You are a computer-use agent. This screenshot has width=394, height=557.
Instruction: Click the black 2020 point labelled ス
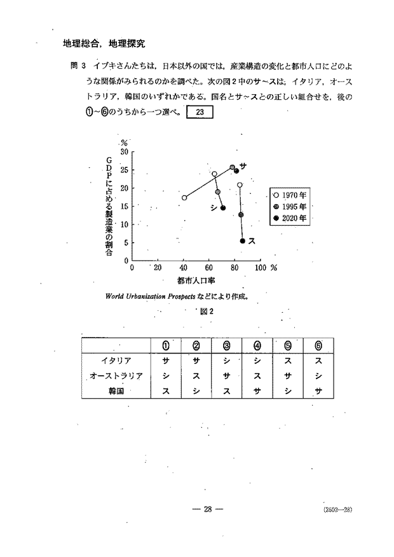click(243, 241)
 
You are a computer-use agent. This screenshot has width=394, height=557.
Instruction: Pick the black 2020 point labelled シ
click(223, 208)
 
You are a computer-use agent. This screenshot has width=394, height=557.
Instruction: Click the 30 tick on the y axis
click(125, 152)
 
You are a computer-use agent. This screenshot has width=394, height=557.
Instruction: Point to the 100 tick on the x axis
click(260, 268)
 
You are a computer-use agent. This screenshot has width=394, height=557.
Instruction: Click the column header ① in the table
click(165, 345)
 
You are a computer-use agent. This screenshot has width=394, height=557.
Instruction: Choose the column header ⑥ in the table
click(318, 345)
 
